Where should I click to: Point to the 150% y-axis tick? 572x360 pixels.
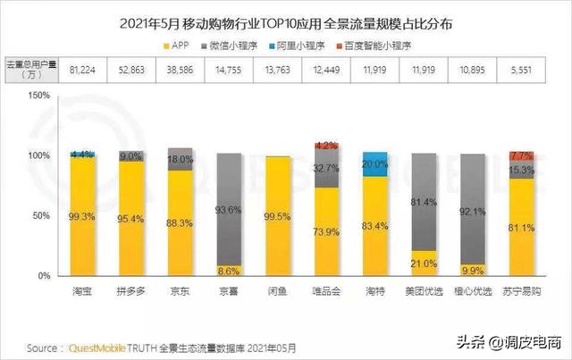pyautogui.click(x=41, y=96)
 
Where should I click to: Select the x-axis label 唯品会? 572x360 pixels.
pyautogui.click(x=326, y=291)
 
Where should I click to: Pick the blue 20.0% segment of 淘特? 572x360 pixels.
pyautogui.click(x=374, y=163)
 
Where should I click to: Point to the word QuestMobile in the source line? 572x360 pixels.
pyautogui.click(x=92, y=347)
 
